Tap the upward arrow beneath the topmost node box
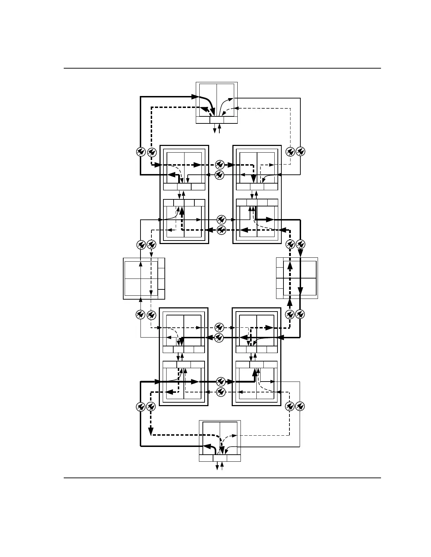coord(220,128)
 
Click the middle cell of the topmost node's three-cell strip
coord(217,120)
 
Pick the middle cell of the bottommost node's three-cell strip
coord(220,458)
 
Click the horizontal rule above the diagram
coord(222,68)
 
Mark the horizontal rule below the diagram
coord(222,478)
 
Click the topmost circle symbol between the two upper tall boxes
coord(220,164)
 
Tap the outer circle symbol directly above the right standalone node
coord(300,244)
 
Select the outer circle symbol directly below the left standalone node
coord(140,314)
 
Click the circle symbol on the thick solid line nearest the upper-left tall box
coord(140,152)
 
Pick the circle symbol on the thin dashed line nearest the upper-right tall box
coord(290,152)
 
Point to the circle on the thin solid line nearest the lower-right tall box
coord(300,407)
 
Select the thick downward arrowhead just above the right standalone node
coord(300,253)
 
